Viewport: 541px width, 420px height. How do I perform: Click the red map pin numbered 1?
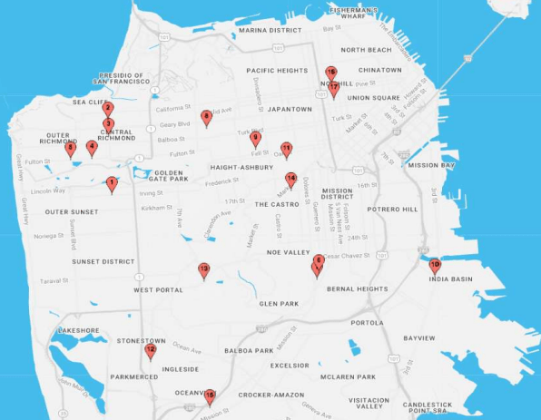pos(112,184)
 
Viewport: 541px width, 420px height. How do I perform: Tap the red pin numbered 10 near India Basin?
pos(435,266)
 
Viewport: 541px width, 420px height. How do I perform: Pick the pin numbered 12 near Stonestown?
pos(151,351)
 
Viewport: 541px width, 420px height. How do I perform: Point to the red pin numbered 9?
pos(255,139)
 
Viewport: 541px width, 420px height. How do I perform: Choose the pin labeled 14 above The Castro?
pos(290,180)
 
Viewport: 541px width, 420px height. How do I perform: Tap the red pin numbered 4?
pos(91,147)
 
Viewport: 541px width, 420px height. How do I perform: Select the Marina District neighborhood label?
pos(270,30)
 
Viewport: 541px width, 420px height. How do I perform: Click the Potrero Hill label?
pos(393,210)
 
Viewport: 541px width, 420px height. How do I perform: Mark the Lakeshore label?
pos(77,330)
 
